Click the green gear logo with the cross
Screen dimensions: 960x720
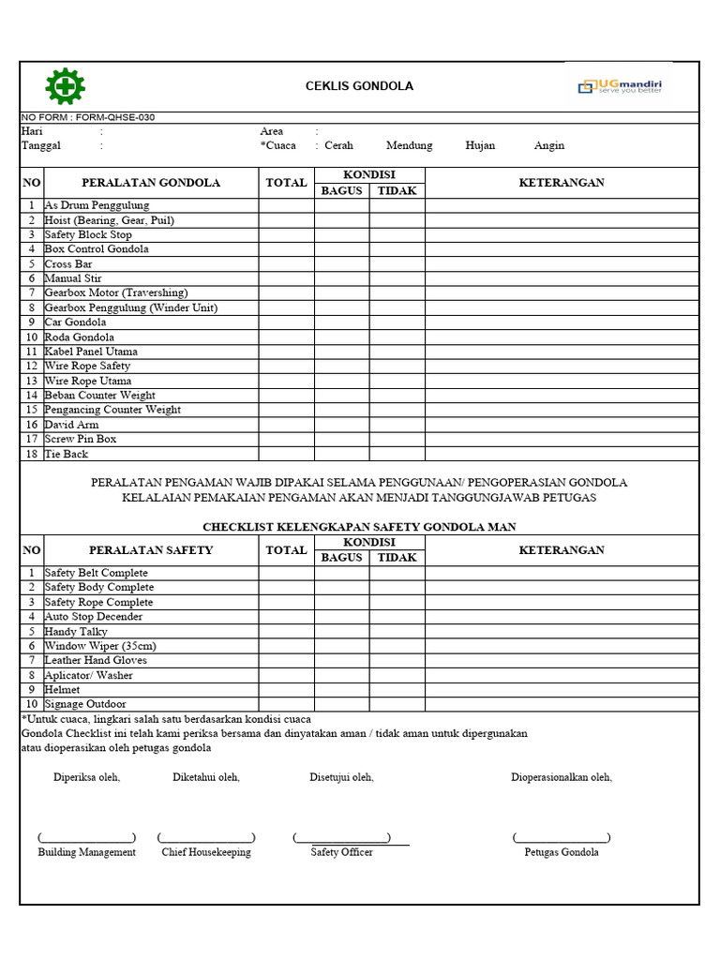pyautogui.click(x=65, y=87)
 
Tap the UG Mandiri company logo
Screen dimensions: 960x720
pyautogui.click(x=620, y=86)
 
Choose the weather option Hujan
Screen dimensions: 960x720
pyautogui.click(x=480, y=146)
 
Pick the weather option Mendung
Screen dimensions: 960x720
pyautogui.click(x=409, y=146)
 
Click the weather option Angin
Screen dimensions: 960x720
pyautogui.click(x=549, y=146)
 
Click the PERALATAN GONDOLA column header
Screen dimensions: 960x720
pyautogui.click(x=151, y=183)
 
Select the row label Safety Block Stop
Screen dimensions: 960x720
pyautogui.click(x=88, y=234)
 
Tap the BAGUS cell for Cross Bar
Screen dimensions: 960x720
pyautogui.click(x=341, y=264)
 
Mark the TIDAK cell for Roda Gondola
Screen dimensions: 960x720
pyautogui.click(x=397, y=337)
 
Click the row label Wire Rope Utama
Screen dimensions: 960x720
pyautogui.click(x=88, y=381)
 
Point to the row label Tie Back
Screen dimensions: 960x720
pyautogui.click(x=67, y=454)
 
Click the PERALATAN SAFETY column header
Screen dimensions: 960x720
pyautogui.click(x=151, y=550)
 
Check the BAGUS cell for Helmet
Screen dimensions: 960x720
pyautogui.click(x=341, y=689)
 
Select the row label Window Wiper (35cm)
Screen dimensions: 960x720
pyautogui.click(x=100, y=646)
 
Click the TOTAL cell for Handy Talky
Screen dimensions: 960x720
pyautogui.click(x=286, y=632)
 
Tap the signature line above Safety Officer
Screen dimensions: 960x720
pyautogui.click(x=342, y=838)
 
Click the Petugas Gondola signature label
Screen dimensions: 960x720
pyautogui.click(x=562, y=852)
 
